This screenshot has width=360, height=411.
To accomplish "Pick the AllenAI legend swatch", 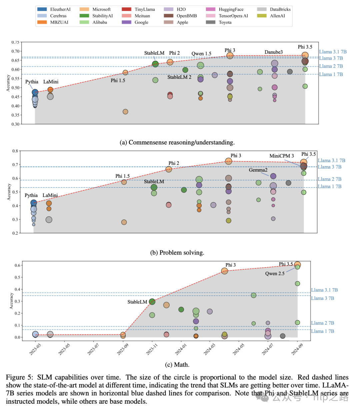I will (262, 16).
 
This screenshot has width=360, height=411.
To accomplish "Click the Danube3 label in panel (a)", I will (273, 52).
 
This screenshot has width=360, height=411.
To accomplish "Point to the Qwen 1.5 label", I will (201, 54).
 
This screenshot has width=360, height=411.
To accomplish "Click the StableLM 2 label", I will (179, 77).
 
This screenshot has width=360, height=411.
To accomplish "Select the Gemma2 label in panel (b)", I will (258, 170).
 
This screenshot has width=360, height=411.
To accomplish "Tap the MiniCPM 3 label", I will (282, 156).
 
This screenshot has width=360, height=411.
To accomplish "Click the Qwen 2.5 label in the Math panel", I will (275, 274).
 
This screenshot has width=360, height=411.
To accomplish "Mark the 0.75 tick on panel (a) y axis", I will (15, 42).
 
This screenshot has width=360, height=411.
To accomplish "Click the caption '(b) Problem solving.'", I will (177, 253).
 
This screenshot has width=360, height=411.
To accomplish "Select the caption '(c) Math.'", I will (177, 365).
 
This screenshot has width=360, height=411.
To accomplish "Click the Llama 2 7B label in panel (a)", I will (331, 66).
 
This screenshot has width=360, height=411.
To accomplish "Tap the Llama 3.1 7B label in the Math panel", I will (324, 290).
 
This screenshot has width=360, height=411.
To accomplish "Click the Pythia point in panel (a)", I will (35, 92).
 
